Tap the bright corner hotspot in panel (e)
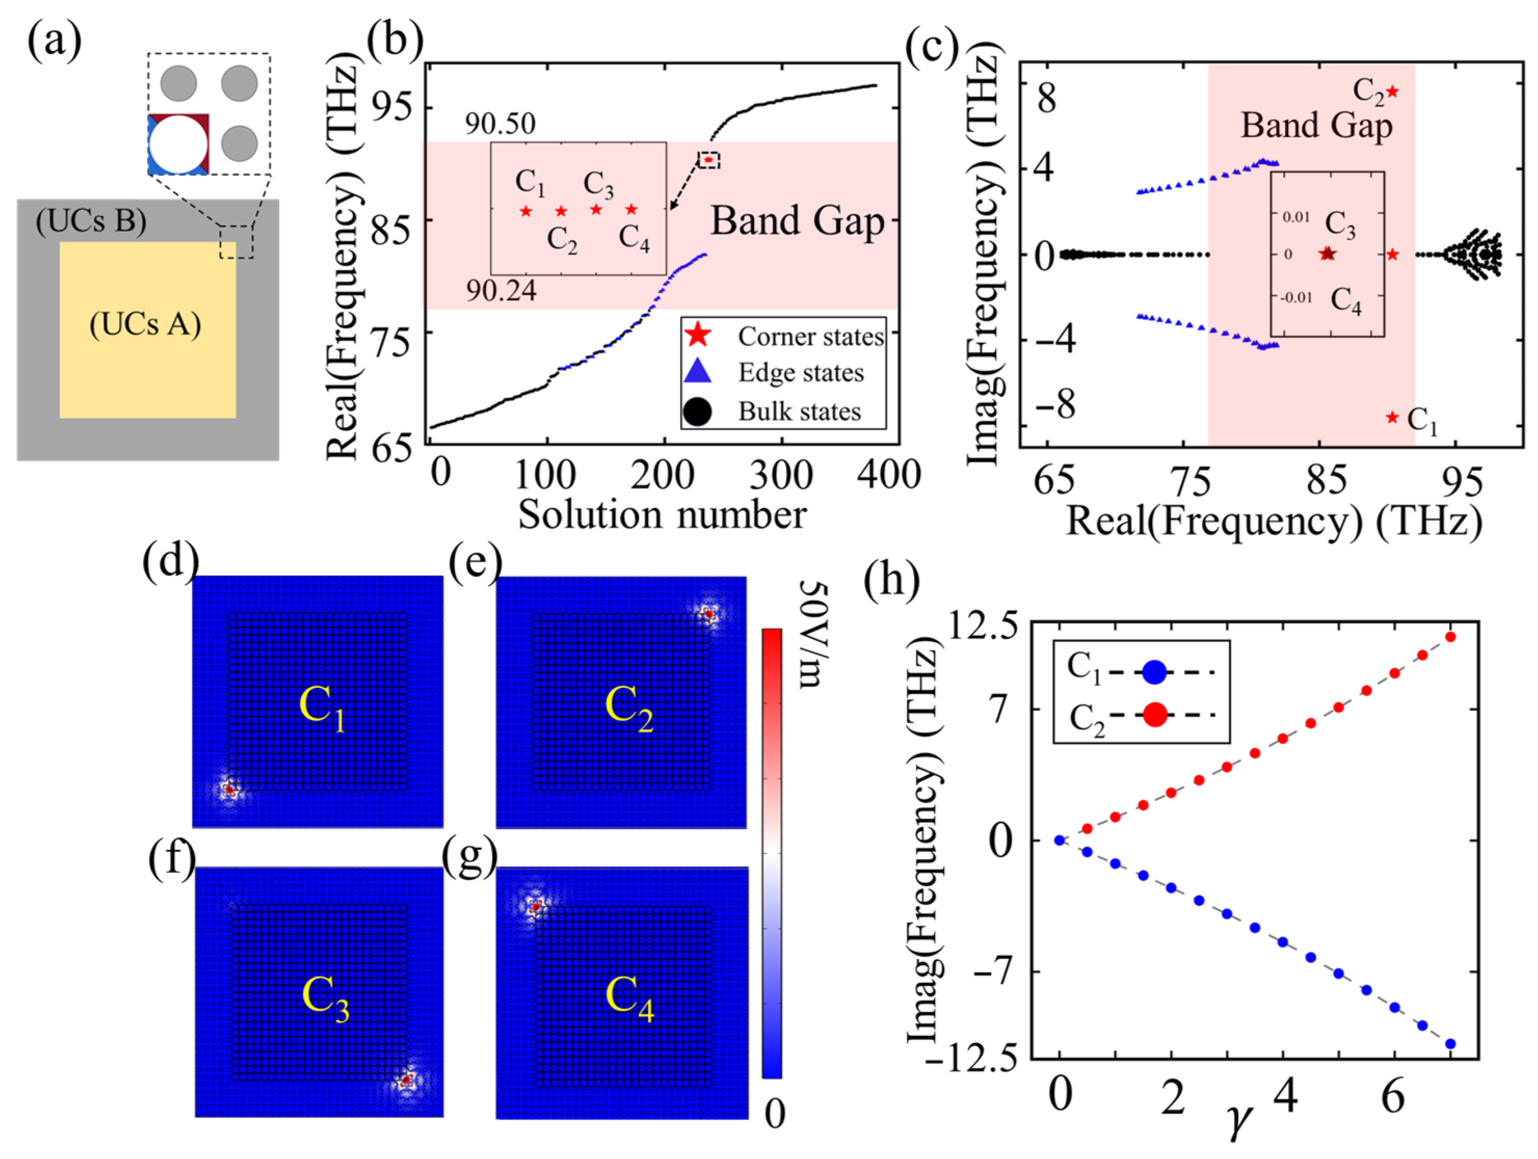coord(708,613)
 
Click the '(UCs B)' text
coord(91,220)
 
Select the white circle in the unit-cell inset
coord(178,144)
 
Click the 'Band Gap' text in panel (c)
coord(1316,126)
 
